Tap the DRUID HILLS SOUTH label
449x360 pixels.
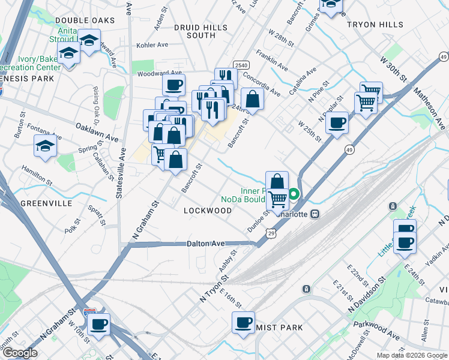tap(201, 32)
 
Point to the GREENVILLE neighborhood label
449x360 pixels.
tap(41, 203)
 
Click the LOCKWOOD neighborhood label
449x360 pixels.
tap(208, 211)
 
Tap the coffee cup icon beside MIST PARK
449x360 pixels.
tap(244, 323)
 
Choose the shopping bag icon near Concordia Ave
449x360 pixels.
tap(253, 98)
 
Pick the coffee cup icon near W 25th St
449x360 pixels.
tap(337, 122)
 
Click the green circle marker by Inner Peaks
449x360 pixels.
tap(294, 194)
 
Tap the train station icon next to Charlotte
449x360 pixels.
tap(313, 213)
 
